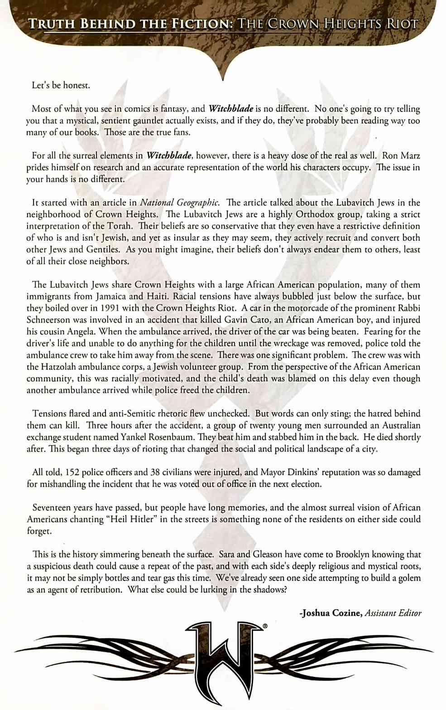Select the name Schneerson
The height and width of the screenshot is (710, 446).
click(x=50, y=320)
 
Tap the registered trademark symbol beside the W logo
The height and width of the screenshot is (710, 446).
click(x=265, y=626)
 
